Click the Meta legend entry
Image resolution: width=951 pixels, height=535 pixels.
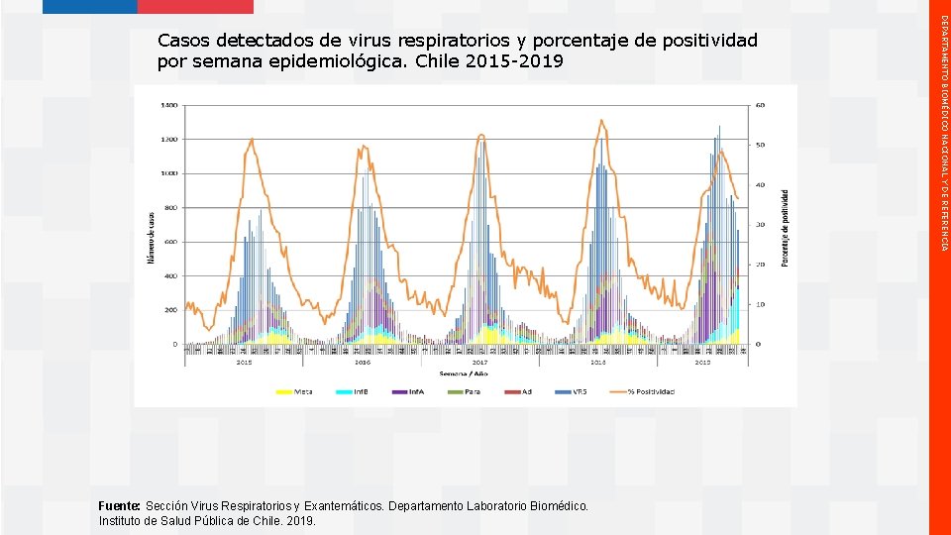[294, 391]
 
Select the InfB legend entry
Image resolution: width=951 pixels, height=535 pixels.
[354, 391]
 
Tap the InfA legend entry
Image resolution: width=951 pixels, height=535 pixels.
[409, 391]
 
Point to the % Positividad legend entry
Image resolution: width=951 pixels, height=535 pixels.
[644, 391]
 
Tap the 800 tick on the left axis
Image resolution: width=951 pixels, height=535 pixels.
[170, 208]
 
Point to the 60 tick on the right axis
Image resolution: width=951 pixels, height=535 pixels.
[760, 105]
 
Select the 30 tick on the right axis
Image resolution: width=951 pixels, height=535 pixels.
[760, 225]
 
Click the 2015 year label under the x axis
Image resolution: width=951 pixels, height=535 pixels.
[244, 363]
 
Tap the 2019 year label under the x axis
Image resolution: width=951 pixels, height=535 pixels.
[702, 363]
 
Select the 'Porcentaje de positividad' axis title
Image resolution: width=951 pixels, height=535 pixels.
[786, 227]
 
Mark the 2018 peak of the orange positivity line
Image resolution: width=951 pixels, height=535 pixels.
[600, 121]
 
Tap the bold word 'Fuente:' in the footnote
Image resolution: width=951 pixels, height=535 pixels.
[119, 506]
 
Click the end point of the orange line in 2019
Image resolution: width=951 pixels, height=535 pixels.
[737, 198]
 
